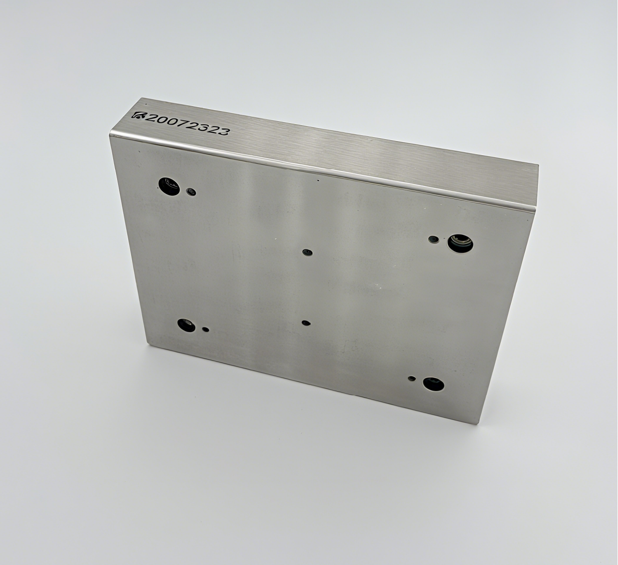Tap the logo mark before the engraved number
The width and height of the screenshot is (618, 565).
point(138,115)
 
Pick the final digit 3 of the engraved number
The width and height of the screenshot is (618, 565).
point(224,131)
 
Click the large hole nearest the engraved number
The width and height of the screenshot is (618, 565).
point(168,186)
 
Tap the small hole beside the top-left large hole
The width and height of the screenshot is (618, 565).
point(191,192)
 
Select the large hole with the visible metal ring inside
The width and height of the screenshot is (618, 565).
point(460,243)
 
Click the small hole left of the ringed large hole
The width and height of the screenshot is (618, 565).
point(433,239)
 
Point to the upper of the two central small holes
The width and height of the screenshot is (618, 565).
point(307,252)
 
